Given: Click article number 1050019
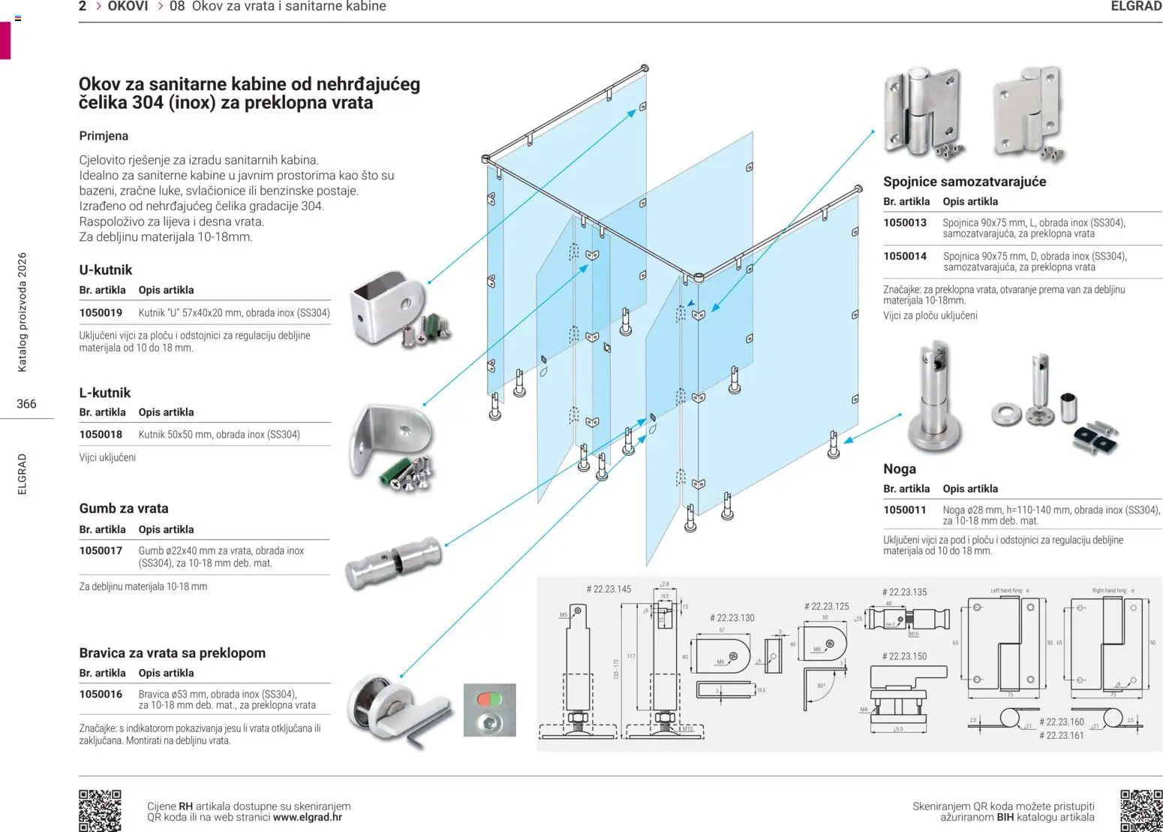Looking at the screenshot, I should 101,312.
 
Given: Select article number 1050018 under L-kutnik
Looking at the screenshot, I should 101,435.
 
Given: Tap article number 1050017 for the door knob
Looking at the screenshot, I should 101,551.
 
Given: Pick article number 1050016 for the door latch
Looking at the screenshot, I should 101,695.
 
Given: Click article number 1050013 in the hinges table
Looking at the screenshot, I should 905,223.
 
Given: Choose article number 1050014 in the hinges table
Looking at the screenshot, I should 905,257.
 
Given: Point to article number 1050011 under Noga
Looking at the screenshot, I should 905,511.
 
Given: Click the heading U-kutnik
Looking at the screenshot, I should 106,270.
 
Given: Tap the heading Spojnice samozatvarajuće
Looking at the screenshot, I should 964,182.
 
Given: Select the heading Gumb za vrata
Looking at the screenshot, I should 124,508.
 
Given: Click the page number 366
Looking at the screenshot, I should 26,404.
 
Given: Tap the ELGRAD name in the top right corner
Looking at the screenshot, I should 1136,7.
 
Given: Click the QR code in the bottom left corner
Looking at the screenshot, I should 100,809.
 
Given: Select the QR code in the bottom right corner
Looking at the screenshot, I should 1140,809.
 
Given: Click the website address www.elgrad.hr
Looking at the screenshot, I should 308,818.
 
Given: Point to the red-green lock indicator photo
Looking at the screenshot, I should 489,710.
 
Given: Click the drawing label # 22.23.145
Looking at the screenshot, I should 609,589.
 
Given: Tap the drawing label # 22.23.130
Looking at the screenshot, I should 732,618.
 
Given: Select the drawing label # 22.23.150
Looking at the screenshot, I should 904,656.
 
